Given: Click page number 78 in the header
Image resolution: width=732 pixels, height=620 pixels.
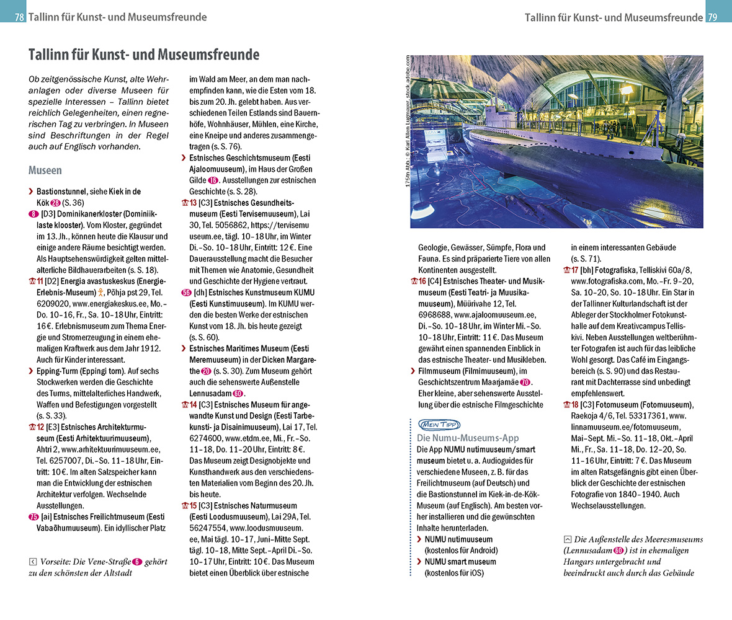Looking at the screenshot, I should click(x=20, y=17).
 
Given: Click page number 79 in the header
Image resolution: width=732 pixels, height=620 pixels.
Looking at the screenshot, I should click(x=712, y=17).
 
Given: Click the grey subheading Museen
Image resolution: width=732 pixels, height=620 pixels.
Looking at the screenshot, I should click(x=45, y=170).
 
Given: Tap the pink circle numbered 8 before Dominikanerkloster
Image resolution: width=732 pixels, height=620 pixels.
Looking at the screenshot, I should click(x=32, y=214).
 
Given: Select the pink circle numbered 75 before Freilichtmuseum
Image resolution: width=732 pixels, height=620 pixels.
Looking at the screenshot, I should click(x=33, y=517).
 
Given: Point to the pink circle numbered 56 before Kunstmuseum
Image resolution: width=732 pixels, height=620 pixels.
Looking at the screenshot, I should click(x=185, y=293).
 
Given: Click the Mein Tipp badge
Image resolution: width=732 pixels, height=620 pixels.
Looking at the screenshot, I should click(x=439, y=425).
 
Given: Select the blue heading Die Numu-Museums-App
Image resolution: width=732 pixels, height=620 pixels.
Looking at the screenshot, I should click(x=467, y=438).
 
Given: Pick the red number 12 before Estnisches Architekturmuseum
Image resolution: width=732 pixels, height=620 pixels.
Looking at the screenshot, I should click(x=40, y=427).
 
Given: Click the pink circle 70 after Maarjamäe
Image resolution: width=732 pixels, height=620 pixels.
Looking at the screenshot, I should click(x=525, y=383).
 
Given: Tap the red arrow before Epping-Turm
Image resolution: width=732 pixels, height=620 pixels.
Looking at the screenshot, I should click(x=32, y=371).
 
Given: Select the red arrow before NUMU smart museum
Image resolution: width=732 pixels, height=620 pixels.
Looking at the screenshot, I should click(x=420, y=562).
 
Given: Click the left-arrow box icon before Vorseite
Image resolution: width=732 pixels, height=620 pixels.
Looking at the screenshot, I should click(x=33, y=562).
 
